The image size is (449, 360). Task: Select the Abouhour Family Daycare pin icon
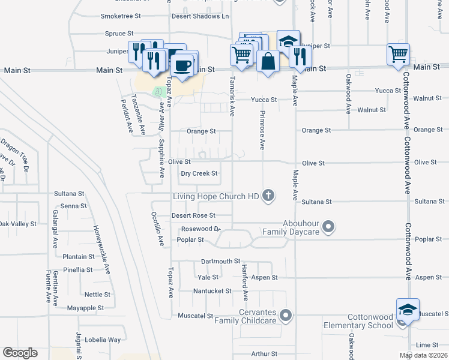click(328, 227)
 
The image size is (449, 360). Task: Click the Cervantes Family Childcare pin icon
click(286, 315)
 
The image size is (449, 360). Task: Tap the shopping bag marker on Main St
click(267, 61)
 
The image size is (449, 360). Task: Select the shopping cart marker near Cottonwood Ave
click(399, 54)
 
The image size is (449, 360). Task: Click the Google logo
click(20, 353)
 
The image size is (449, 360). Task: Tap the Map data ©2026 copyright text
click(423, 356)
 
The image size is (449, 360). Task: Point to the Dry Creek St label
click(199, 173)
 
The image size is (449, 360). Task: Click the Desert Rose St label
click(193, 215)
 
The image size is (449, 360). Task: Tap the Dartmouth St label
click(220, 262)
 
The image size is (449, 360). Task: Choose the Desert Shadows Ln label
click(200, 16)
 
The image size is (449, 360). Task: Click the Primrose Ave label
click(262, 130)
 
